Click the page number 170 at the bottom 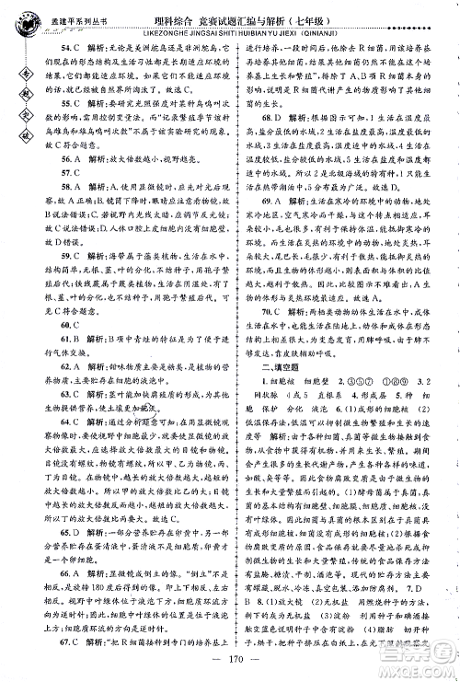click(x=230, y=658)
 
